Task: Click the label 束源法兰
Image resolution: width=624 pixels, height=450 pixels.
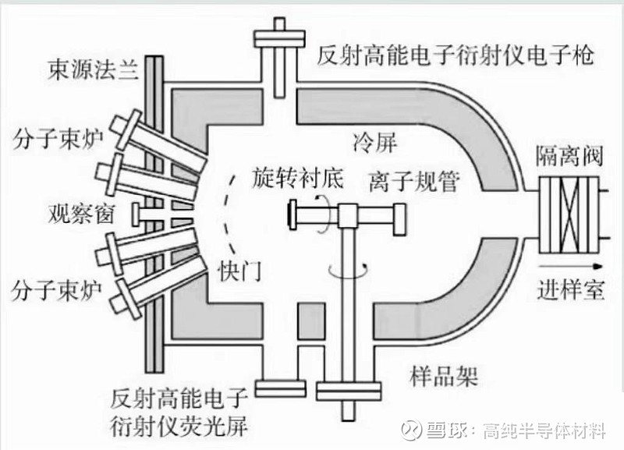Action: click(93, 71)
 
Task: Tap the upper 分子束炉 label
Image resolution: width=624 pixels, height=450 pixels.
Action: click(58, 140)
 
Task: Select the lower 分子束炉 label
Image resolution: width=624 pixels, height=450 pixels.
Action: click(56, 290)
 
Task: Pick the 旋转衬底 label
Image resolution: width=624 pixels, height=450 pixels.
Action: click(297, 178)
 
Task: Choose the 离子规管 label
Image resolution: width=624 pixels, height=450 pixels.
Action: click(414, 182)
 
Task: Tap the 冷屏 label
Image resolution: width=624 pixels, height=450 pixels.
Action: click(375, 143)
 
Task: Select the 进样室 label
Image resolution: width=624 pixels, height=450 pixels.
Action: click(571, 289)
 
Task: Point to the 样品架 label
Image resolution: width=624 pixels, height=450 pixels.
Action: click(444, 376)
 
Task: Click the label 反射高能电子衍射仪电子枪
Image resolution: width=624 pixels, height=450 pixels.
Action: click(456, 55)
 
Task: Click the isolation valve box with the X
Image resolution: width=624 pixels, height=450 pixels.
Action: click(569, 214)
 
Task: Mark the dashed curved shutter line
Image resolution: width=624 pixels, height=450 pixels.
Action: click(225, 214)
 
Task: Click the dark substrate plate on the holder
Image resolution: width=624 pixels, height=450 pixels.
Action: click(292, 214)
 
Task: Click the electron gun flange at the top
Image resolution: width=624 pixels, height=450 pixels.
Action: click(280, 38)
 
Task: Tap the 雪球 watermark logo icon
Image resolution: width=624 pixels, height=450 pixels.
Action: click(412, 429)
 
